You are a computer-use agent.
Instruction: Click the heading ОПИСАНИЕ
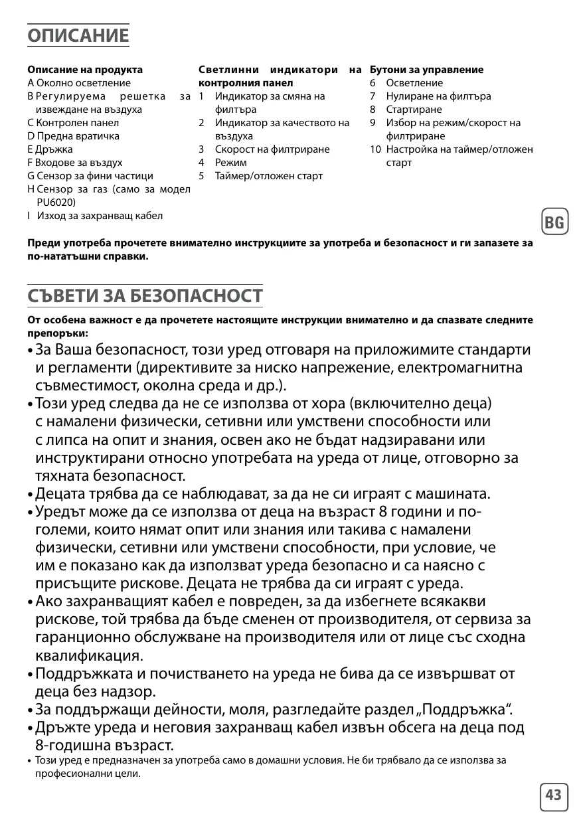click(78, 35)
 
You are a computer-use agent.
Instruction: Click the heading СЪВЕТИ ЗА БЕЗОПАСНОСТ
click(145, 296)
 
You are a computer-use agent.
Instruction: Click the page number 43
click(554, 795)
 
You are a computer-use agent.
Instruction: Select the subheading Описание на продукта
click(85, 70)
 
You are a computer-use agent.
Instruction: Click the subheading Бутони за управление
click(426, 70)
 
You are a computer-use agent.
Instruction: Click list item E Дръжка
click(52, 149)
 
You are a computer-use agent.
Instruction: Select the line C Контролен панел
click(73, 123)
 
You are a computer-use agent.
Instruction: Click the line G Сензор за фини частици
click(90, 176)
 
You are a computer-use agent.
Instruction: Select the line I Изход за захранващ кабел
click(95, 216)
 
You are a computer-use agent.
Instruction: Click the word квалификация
click(87, 656)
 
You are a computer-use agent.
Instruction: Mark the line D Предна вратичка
click(74, 136)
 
